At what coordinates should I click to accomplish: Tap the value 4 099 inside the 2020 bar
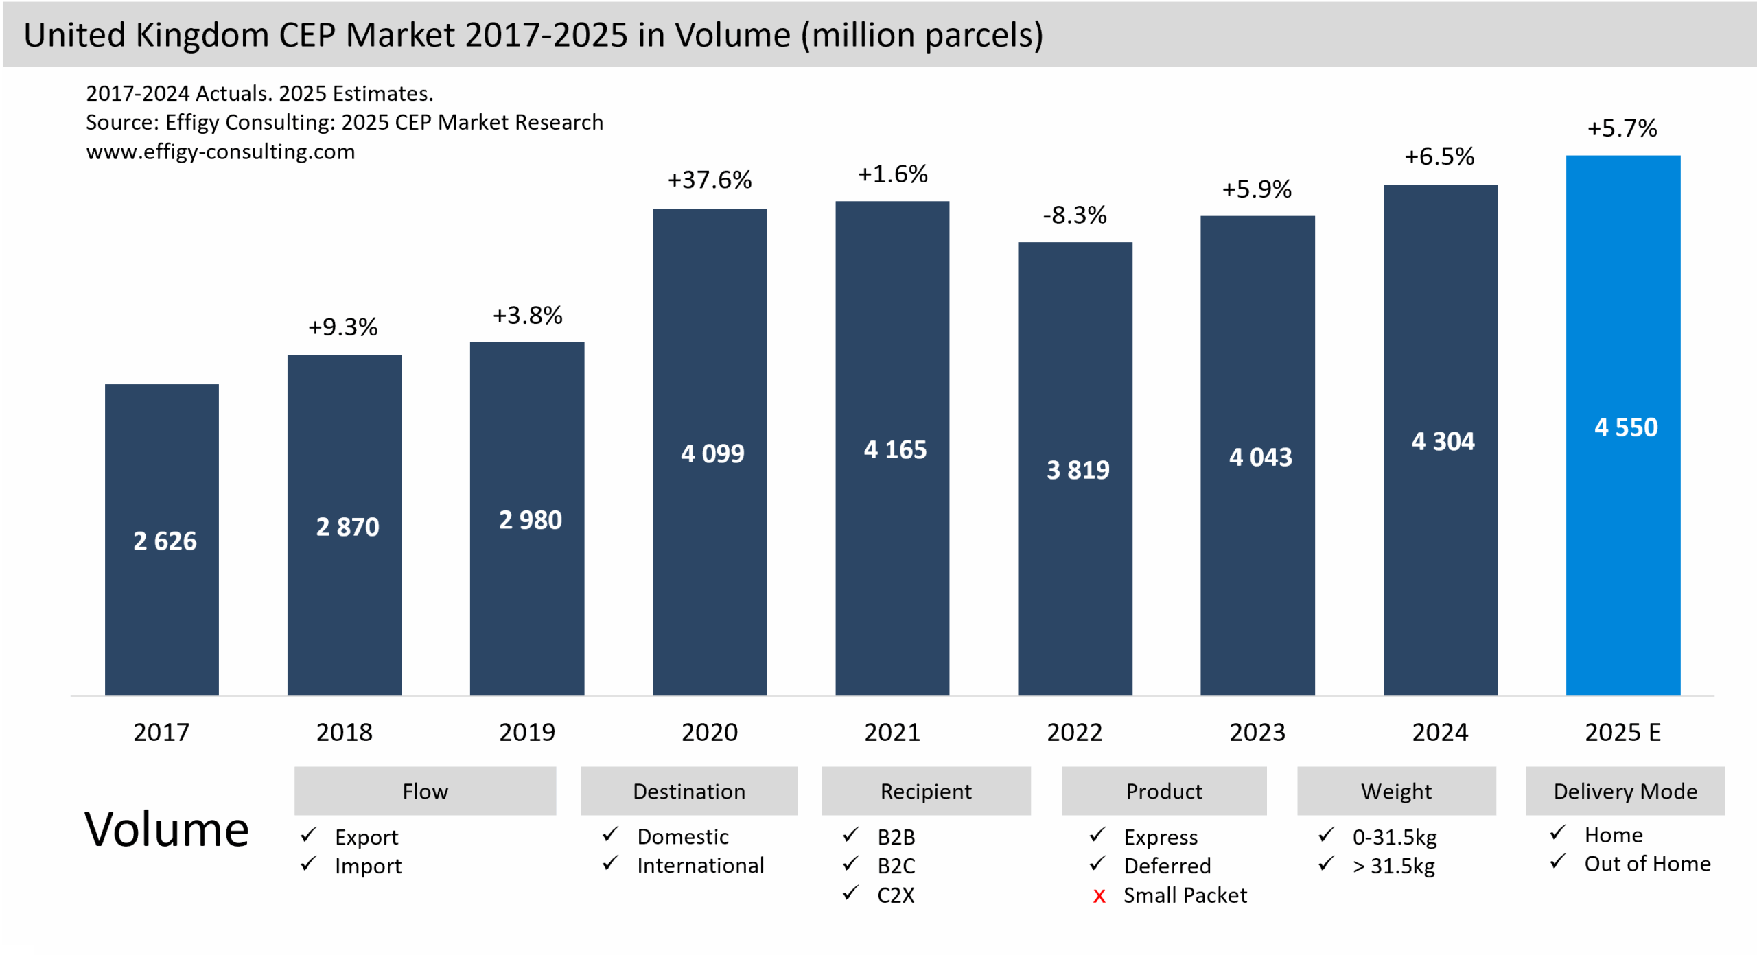(712, 453)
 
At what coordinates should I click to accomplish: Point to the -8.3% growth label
(1075, 215)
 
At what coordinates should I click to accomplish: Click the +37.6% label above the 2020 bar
(710, 180)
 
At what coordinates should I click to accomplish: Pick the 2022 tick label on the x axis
(1074, 732)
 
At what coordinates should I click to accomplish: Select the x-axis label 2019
(526, 732)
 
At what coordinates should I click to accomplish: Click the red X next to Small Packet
(1099, 896)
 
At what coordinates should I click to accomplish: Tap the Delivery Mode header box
(1625, 791)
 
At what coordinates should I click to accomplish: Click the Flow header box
(425, 791)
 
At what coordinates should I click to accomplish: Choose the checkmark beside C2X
(850, 893)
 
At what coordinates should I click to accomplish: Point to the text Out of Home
(1647, 864)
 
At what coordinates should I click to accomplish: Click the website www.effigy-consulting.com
(220, 152)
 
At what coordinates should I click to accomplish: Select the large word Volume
(166, 829)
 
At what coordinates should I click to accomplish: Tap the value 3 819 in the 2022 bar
(1078, 470)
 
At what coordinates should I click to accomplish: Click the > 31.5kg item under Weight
(1393, 866)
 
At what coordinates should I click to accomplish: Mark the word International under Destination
(700, 866)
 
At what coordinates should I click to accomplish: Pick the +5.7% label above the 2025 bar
(1622, 128)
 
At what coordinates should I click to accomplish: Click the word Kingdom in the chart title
(202, 36)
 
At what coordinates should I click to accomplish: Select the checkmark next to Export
(308, 835)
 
